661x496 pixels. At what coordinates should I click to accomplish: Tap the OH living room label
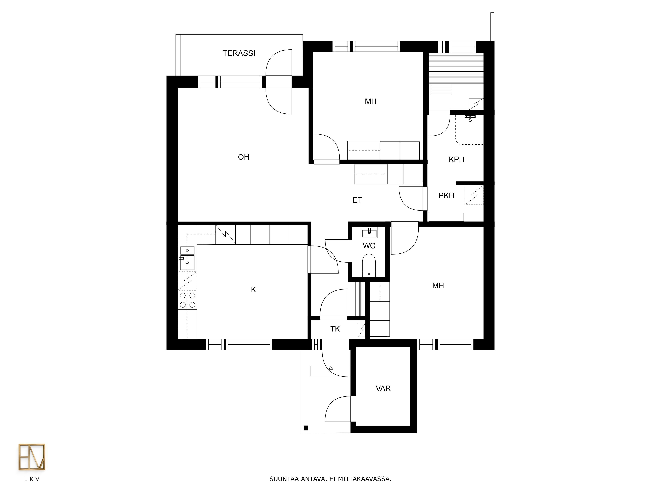[244, 157]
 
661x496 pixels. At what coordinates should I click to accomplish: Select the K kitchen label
[253, 289]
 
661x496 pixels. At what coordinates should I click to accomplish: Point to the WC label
[369, 246]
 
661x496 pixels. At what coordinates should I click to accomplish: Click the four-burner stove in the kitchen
[187, 300]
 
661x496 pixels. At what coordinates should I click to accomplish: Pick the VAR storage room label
[383, 388]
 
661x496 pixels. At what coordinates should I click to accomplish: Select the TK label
[335, 329]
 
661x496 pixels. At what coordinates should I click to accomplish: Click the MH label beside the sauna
[370, 101]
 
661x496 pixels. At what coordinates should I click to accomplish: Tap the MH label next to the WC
[438, 286]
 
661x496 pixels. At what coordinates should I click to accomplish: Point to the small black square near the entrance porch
[306, 428]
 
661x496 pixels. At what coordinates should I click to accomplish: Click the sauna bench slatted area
[456, 68]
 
